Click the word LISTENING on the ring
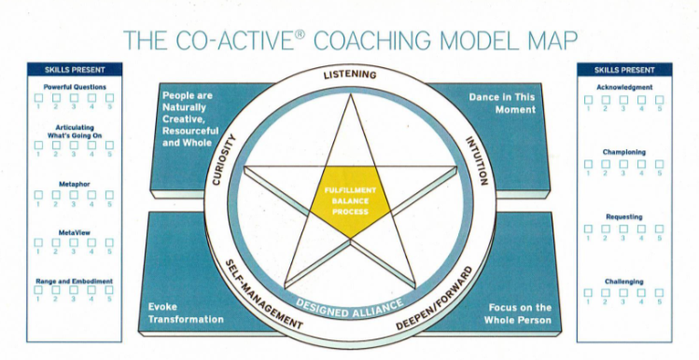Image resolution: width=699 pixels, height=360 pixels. [349, 74]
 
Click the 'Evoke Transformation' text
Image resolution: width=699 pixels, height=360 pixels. [186, 312]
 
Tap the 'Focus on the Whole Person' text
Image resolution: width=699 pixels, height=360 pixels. [518, 312]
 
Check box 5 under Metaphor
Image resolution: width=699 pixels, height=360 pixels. [109, 195]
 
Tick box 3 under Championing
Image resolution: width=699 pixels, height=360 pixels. [623, 164]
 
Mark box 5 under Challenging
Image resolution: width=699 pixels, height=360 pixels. [659, 293]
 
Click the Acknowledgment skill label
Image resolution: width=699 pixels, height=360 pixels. [623, 88]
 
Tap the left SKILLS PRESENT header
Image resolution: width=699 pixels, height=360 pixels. [74, 69]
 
